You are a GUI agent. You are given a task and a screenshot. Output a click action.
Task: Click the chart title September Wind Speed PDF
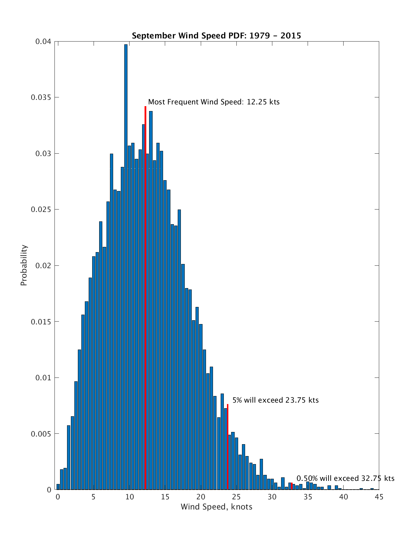pyautogui.click(x=216, y=36)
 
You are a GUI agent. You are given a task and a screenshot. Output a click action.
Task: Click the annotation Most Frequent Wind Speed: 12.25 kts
pyautogui.click(x=214, y=102)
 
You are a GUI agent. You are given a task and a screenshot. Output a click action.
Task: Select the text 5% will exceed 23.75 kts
pyautogui.click(x=275, y=400)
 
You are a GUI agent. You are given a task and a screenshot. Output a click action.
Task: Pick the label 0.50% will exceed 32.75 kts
pyautogui.click(x=345, y=478)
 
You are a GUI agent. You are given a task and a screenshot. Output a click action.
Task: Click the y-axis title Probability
pyautogui.click(x=24, y=265)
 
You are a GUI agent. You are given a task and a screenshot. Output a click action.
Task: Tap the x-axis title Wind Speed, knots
pyautogui.click(x=216, y=507)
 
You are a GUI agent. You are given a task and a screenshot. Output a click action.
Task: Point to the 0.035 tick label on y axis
pyautogui.click(x=41, y=97)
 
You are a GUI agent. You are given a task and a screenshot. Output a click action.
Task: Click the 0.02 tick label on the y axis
pyautogui.click(x=43, y=266)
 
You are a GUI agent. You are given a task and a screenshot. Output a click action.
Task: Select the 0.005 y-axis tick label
pyautogui.click(x=41, y=434)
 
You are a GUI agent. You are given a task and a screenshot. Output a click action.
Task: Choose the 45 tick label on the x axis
pyautogui.click(x=379, y=497)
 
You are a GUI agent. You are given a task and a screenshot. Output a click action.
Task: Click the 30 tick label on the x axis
pyautogui.click(x=272, y=497)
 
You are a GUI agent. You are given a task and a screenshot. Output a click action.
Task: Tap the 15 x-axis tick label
pyautogui.click(x=165, y=497)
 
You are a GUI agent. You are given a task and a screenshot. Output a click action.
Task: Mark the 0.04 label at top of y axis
pyautogui.click(x=43, y=42)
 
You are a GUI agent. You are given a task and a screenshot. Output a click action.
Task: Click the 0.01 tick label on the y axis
pyautogui.click(x=43, y=378)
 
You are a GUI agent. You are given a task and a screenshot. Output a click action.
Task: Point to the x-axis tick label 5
pyautogui.click(x=94, y=497)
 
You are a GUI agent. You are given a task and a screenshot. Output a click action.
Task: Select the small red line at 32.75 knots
pyautogui.click(x=292, y=486)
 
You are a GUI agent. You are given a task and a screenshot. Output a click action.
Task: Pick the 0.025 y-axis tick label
pyautogui.click(x=41, y=210)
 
